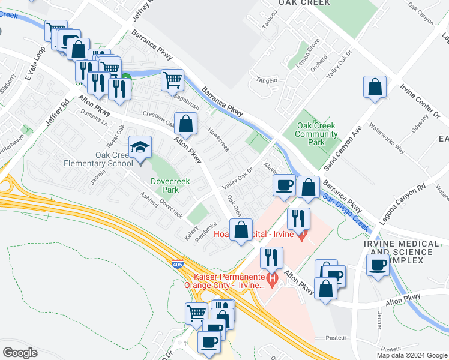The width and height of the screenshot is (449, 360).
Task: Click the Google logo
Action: tap(20, 353)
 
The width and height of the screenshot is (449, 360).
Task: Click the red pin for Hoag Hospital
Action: tap(303, 232)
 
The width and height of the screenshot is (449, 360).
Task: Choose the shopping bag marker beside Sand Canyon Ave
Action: tap(375, 88)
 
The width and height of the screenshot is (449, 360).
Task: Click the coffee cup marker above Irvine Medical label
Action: tap(378, 265)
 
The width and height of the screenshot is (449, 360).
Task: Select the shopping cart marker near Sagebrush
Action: tap(172, 79)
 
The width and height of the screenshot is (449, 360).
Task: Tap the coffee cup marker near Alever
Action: tap(284, 185)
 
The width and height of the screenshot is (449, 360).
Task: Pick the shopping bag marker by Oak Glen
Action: tap(241, 229)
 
